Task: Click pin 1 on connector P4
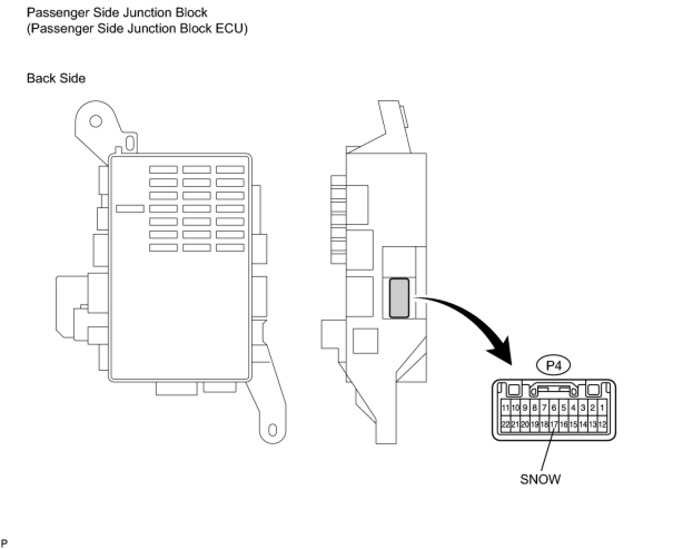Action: [x=602, y=408]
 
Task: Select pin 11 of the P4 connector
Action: [x=505, y=408]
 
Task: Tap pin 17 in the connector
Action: [x=554, y=424]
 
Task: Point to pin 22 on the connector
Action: [x=505, y=424]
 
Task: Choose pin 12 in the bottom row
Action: [x=602, y=424]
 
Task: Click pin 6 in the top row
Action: [x=554, y=408]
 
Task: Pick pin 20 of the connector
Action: [x=524, y=424]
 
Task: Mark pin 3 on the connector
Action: [x=583, y=408]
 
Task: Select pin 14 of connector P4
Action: [x=583, y=424]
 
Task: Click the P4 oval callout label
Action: [x=553, y=365]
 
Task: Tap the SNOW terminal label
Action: [x=540, y=479]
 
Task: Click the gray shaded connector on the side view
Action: [x=399, y=298]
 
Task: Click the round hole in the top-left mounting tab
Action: [x=95, y=120]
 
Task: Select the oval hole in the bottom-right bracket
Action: [x=272, y=430]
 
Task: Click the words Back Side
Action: [x=56, y=79]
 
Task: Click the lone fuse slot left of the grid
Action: [x=130, y=208]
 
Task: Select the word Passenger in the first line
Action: [x=53, y=12]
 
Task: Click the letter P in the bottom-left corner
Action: [x=4, y=542]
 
